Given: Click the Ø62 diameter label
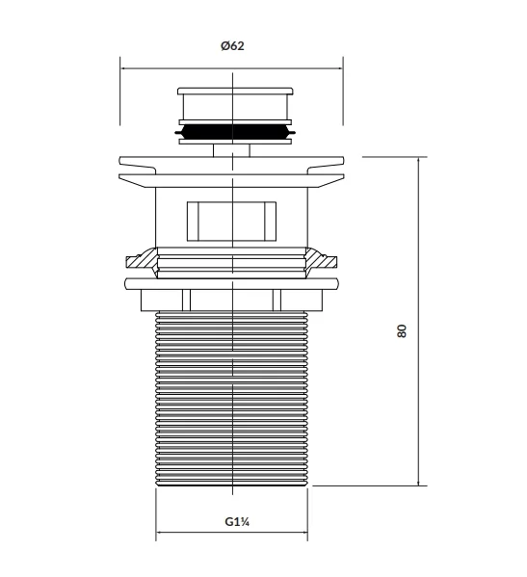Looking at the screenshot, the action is tap(232, 46).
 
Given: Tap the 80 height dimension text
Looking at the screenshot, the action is tap(402, 330).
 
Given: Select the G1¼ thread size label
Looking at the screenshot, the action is tap(237, 521).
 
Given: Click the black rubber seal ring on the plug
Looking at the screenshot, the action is tap(235, 132).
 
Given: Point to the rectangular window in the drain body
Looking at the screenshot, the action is tap(231, 222).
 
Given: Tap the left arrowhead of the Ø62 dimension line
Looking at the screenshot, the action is tap(123, 68).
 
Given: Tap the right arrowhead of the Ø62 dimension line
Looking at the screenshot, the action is tap(340, 68).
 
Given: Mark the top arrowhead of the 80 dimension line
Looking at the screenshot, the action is tap(418, 160).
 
